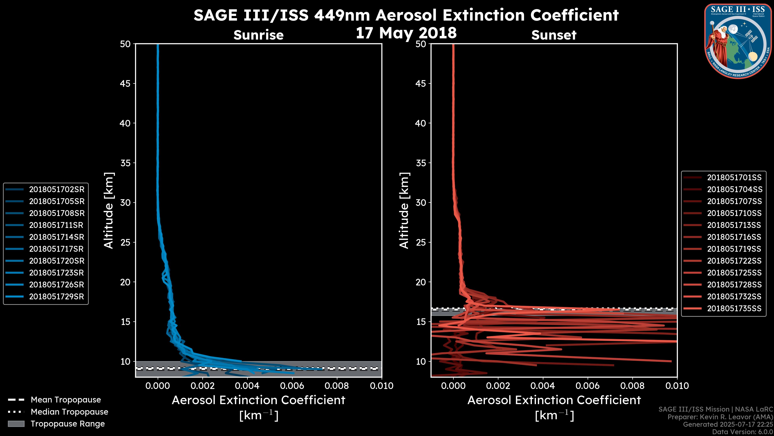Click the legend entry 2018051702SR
[x=56, y=189]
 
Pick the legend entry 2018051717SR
[x=56, y=249]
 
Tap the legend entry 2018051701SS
[x=734, y=178]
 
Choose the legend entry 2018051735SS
[x=734, y=308]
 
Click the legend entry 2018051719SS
[x=734, y=249]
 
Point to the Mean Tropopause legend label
[x=66, y=400]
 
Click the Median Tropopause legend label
[x=69, y=412]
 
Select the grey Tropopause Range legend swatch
[x=16, y=424]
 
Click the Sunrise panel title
[x=258, y=35]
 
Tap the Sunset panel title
[x=554, y=35]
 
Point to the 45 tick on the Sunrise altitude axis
[x=125, y=83]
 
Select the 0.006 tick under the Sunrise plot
[x=292, y=386]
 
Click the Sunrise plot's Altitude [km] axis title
[x=109, y=210]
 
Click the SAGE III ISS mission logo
[x=738, y=41]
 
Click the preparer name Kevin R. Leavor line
[x=720, y=417]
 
